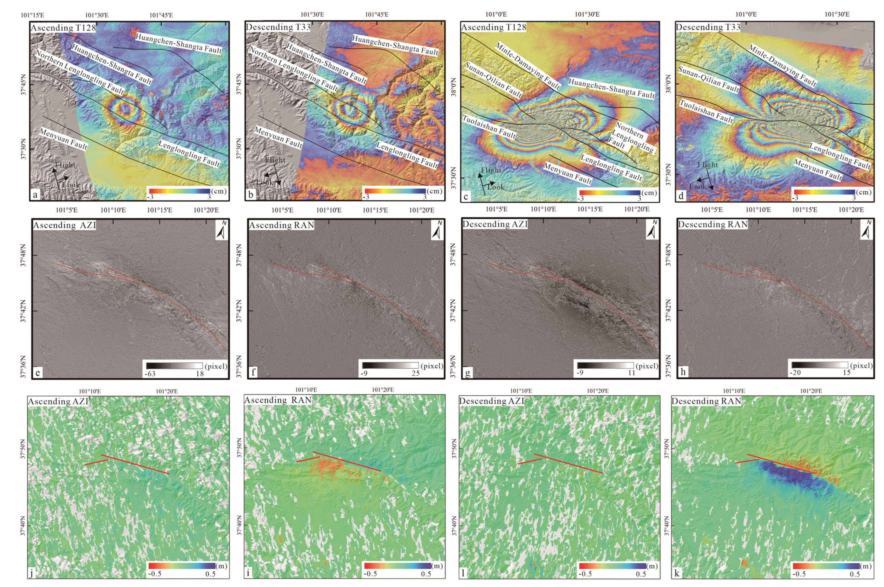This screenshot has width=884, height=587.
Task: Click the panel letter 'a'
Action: coord(35,195)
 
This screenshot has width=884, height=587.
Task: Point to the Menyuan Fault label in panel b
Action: coord(278,137)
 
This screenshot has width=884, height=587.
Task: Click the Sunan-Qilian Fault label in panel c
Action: coord(493,80)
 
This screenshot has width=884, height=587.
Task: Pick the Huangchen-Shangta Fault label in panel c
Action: coord(611,88)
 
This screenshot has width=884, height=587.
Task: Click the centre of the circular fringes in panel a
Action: coord(124,109)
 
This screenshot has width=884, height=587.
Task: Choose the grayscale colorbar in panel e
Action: coord(174,366)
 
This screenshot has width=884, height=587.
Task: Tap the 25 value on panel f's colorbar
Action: coord(415,373)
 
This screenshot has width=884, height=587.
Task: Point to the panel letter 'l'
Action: coord(463,573)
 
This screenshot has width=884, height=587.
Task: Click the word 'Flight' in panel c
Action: coord(491,170)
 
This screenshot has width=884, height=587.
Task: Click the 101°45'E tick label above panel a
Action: coord(161,15)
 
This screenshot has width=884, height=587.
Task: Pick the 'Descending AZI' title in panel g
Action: coord(495,224)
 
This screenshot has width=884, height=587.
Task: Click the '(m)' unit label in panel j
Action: coord(222,566)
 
